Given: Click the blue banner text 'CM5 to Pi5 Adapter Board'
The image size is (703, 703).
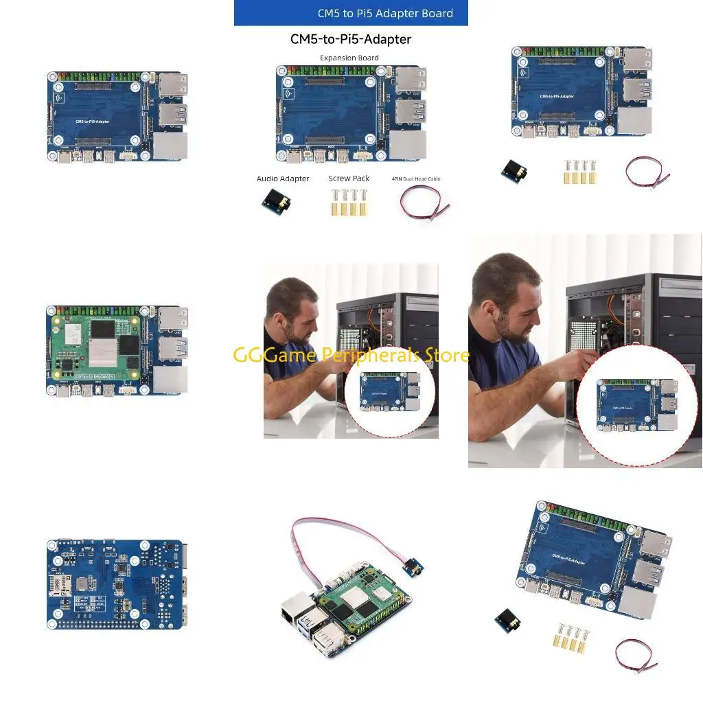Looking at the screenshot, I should pyautogui.click(x=384, y=13).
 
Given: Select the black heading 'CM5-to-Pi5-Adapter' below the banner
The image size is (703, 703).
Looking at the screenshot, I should pyautogui.click(x=351, y=39).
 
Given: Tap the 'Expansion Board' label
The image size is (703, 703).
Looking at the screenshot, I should pyautogui.click(x=349, y=58).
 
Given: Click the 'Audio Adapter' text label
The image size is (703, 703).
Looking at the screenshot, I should pyautogui.click(x=283, y=178).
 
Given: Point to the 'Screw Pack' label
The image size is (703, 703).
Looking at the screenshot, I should pyautogui.click(x=349, y=178).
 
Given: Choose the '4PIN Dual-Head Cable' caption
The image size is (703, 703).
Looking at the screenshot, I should pyautogui.click(x=416, y=179).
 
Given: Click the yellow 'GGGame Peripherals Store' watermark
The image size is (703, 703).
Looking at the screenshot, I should pyautogui.click(x=351, y=355).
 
